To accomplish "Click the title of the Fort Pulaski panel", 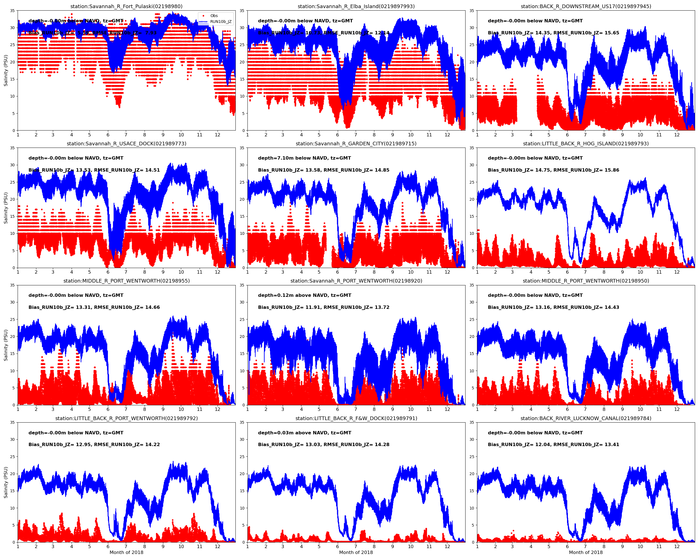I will coord(126,6).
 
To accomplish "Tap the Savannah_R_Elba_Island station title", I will coord(356,6).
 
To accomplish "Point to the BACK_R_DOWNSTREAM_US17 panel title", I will coord(585,6).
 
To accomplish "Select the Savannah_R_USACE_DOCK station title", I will coord(126,144).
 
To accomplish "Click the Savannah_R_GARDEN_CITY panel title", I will coord(356,144).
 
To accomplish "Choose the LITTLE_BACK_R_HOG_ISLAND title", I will coord(585,144).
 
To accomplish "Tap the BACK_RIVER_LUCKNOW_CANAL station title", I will coord(585,418).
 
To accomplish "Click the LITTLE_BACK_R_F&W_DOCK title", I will coord(356,418).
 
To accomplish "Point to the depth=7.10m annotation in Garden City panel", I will coord(304,158).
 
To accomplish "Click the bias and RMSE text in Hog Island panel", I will coord(553,170).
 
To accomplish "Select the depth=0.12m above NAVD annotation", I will coord(304,295).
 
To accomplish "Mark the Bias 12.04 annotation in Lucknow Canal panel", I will coord(553,445).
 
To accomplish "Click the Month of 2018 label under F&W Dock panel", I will coord(356,552).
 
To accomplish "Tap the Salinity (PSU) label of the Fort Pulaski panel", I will coord(6,70).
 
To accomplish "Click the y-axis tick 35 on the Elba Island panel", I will coord(242,11).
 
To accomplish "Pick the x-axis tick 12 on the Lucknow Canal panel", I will coord(677,546).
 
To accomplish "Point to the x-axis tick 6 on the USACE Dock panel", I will coord(108,272).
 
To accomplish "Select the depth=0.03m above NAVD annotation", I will coord(304,433).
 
